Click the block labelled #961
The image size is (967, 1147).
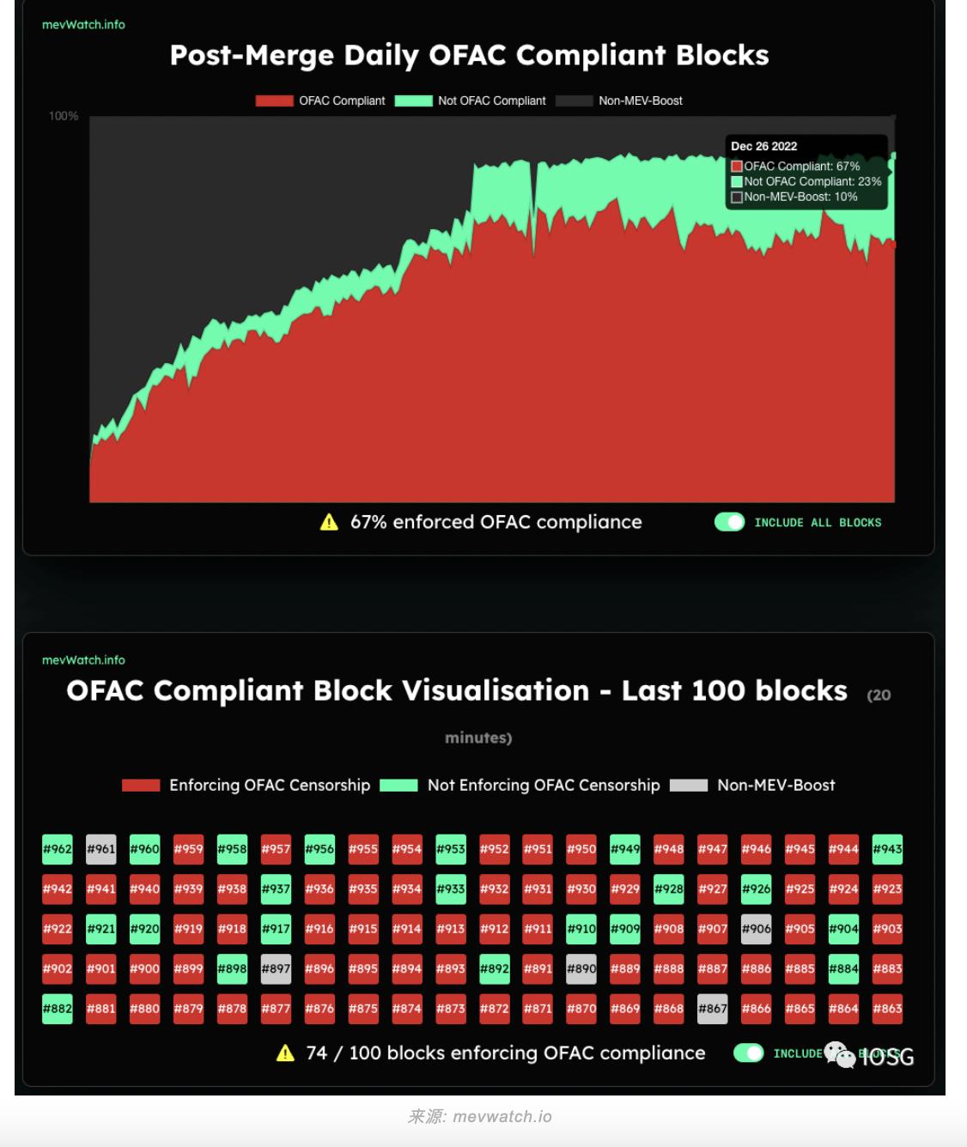pyautogui.click(x=100, y=849)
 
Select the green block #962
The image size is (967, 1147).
pyautogui.click(x=58, y=849)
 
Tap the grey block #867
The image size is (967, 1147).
pyautogui.click(x=713, y=1009)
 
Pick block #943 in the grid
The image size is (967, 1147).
pyautogui.click(x=887, y=849)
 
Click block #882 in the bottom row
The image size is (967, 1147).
pyautogui.click(x=58, y=1009)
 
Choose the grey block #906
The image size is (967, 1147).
pyautogui.click(x=756, y=929)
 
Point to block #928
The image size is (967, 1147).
pyautogui.click(x=669, y=889)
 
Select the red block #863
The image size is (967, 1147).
pyautogui.click(x=887, y=1009)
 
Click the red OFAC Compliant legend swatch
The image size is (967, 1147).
pyautogui.click(x=274, y=101)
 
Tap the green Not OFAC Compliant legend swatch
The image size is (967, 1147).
pyautogui.click(x=413, y=101)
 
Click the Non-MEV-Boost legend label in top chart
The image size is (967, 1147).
pyautogui.click(x=641, y=101)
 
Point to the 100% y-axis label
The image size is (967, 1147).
pyautogui.click(x=64, y=116)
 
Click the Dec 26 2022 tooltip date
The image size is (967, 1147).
pyautogui.click(x=764, y=147)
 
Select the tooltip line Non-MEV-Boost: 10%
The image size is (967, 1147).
pyautogui.click(x=800, y=197)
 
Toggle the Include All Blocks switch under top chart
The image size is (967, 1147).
pyautogui.click(x=730, y=522)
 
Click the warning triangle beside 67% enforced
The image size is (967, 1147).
pyautogui.click(x=329, y=522)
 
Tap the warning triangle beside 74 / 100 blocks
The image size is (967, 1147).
pyautogui.click(x=285, y=1053)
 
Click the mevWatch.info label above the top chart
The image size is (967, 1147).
pyautogui.click(x=83, y=25)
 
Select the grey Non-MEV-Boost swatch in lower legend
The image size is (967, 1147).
pyautogui.click(x=689, y=786)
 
